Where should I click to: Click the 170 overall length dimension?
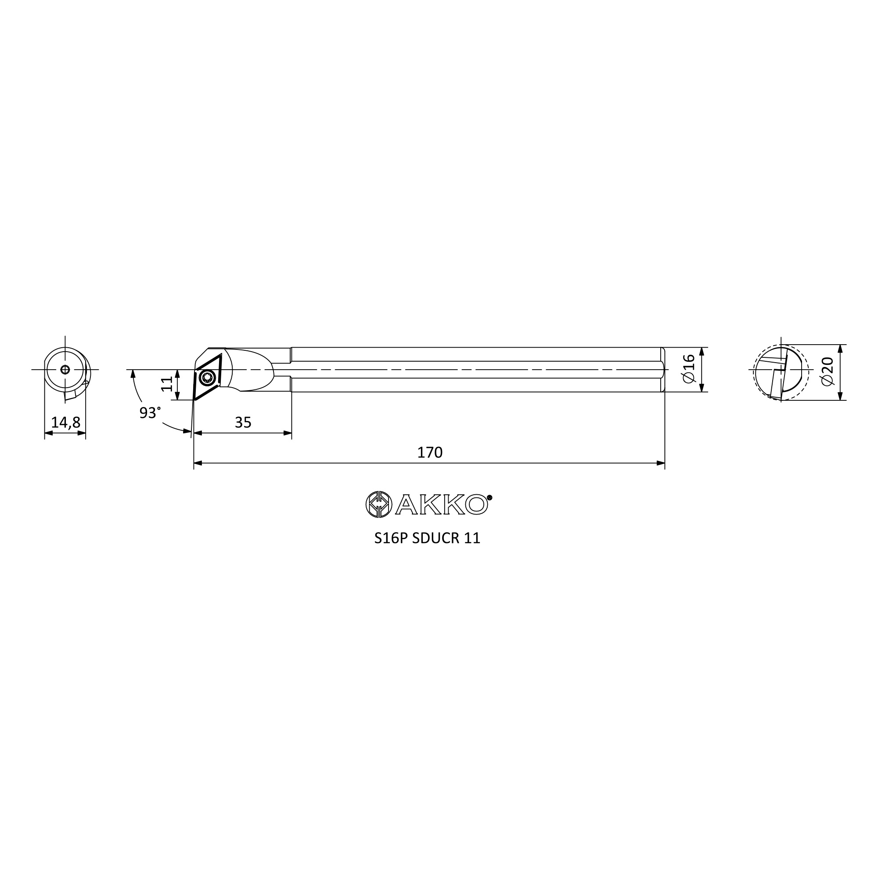429,453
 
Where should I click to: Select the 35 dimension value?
243,423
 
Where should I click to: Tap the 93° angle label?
150,413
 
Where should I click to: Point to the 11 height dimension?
167,384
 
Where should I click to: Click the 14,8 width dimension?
65,423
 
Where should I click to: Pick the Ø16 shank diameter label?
689,369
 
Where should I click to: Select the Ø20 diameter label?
828,371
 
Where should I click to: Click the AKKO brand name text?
441,505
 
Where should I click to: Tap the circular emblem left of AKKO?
378,504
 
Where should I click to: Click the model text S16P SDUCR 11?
427,538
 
